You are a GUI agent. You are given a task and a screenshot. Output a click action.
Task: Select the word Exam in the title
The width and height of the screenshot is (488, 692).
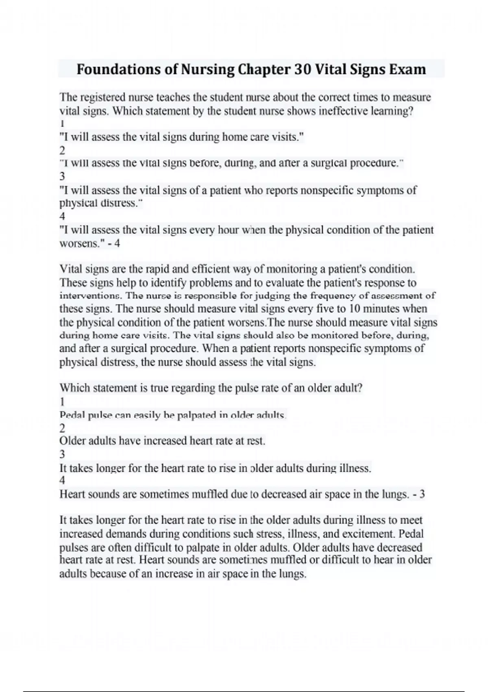click(x=407, y=70)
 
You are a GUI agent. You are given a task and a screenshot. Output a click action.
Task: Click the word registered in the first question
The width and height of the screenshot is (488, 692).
click(x=103, y=98)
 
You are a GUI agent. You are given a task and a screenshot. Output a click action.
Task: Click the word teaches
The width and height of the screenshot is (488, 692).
click(x=174, y=98)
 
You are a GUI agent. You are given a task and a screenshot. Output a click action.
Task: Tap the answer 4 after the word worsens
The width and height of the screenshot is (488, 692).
click(x=117, y=244)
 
